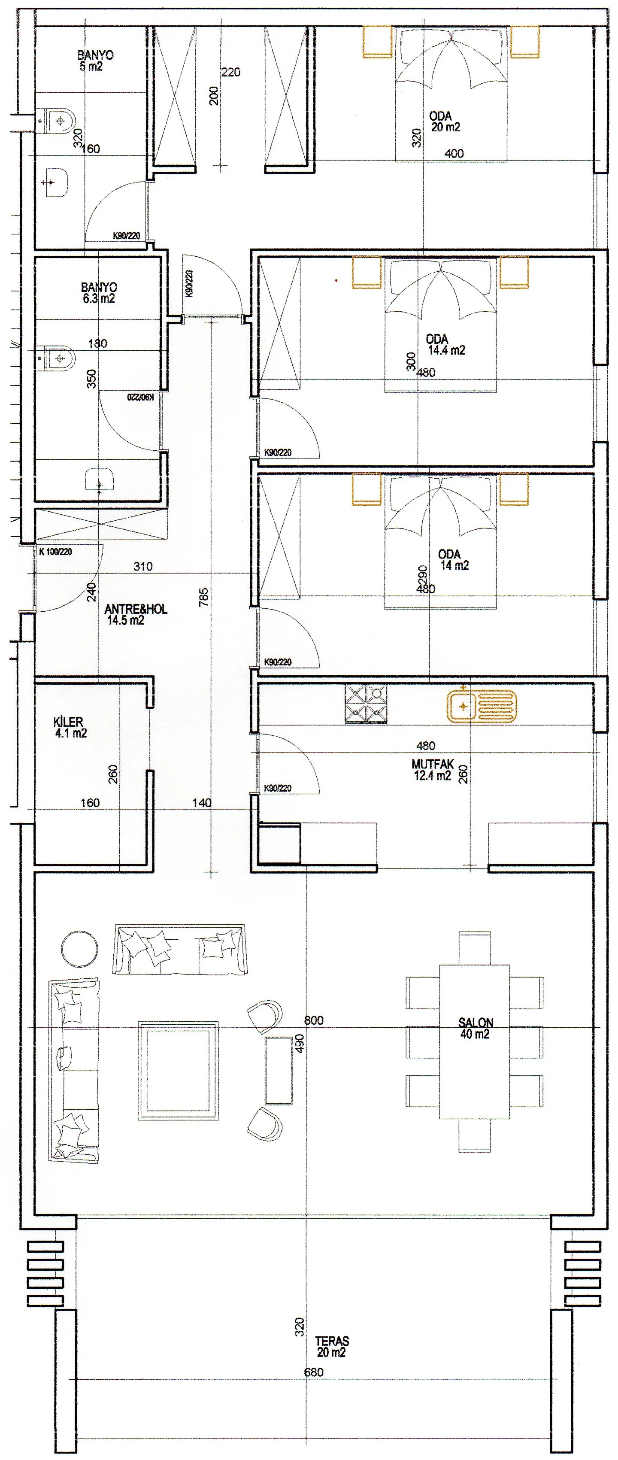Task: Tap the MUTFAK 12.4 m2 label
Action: tap(433, 770)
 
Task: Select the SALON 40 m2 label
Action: tap(475, 1028)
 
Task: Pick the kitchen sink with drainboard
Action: tap(482, 706)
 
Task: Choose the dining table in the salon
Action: tap(475, 1042)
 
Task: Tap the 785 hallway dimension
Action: tap(204, 597)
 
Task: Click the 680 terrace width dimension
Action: tap(314, 1372)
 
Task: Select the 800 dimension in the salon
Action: tap(314, 1020)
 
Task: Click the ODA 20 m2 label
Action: tap(445, 121)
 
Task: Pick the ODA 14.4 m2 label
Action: tap(445, 345)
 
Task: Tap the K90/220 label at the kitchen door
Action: tap(278, 788)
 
